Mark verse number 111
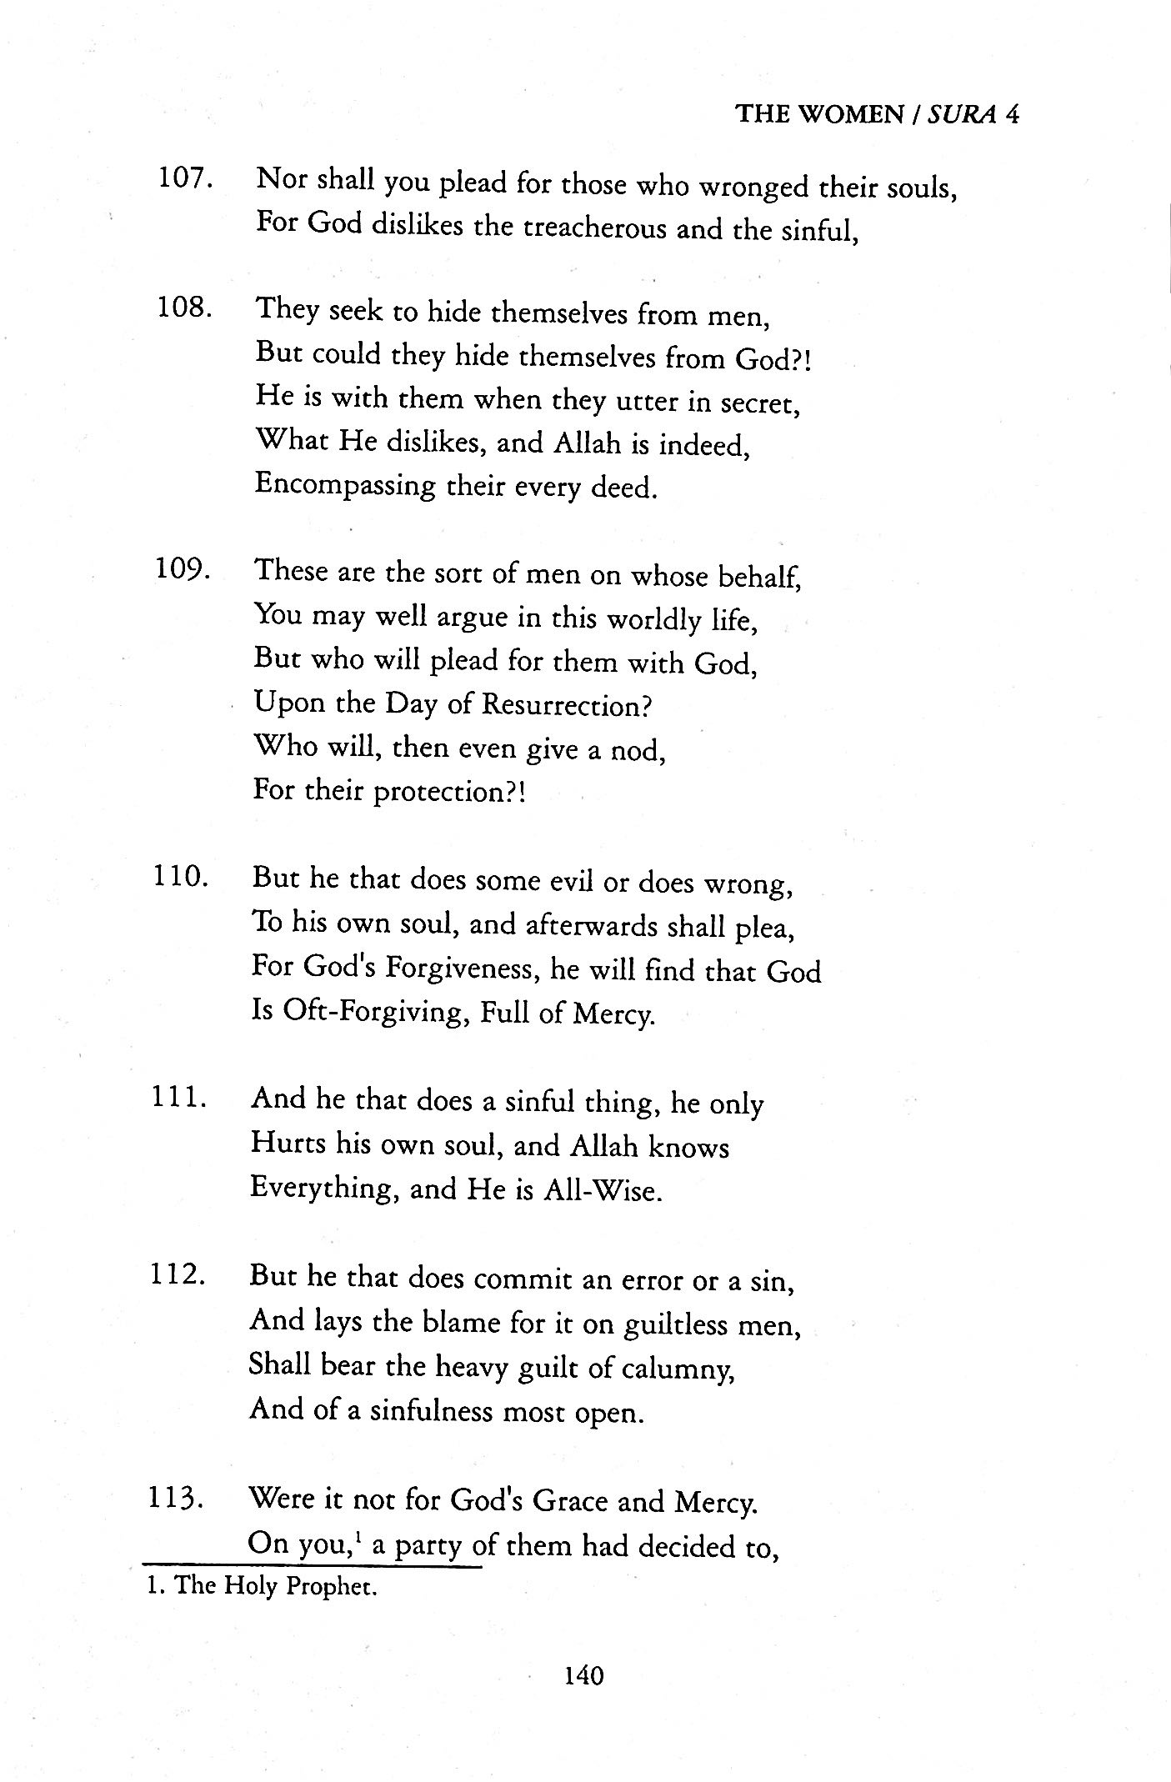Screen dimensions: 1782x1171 tap(178, 1098)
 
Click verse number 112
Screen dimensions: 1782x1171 tap(178, 1275)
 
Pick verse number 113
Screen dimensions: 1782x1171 tap(177, 1499)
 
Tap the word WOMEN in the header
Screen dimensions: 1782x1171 tap(849, 114)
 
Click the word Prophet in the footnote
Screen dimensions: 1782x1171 tap(332, 1586)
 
